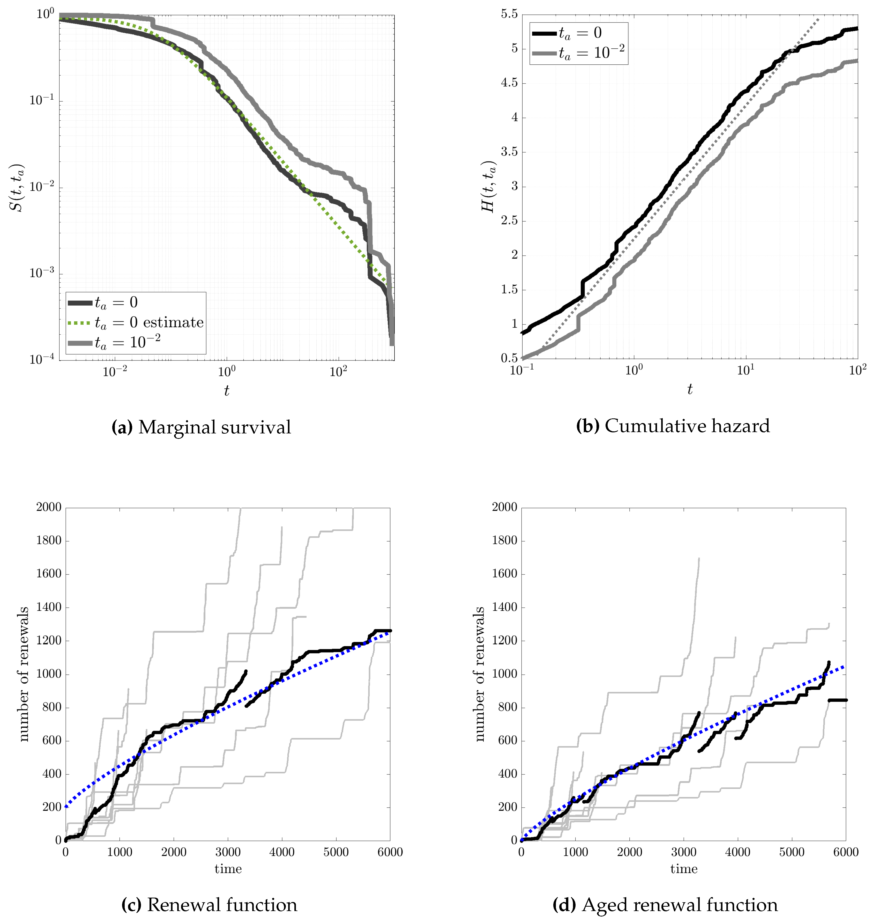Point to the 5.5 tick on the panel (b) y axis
(x=509, y=14)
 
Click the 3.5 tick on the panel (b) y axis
(x=509, y=152)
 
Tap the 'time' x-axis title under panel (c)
(x=228, y=869)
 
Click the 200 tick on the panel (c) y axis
(x=52, y=807)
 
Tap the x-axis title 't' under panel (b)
(x=690, y=389)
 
